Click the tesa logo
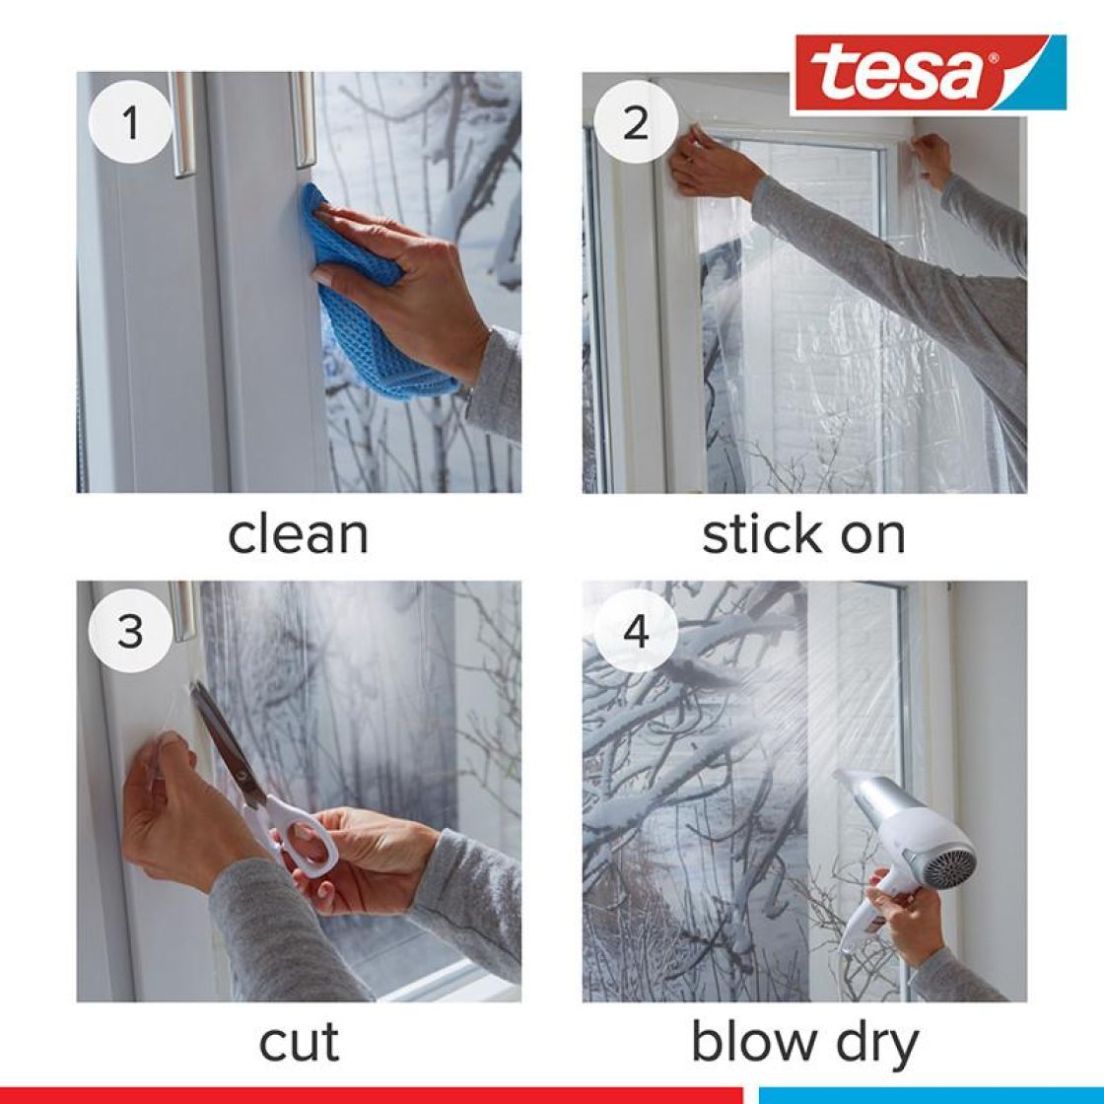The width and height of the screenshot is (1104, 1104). [x=931, y=73]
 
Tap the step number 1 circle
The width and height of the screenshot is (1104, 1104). [x=130, y=122]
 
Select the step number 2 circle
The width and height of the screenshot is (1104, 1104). [x=635, y=122]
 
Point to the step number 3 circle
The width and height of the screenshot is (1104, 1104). [x=130, y=631]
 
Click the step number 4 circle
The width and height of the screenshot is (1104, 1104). [x=635, y=631]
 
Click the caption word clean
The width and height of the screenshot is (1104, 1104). [x=299, y=534]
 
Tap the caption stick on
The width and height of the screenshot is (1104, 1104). [x=804, y=534]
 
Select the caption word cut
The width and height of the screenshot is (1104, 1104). [x=300, y=1043]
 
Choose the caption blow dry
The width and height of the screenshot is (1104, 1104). [x=804, y=1044]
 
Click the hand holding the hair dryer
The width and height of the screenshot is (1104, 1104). [x=905, y=919]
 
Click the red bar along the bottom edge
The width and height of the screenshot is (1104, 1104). [x=371, y=1095]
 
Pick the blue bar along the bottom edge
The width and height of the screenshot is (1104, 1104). [x=931, y=1095]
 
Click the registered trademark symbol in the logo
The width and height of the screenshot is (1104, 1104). [x=993, y=59]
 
